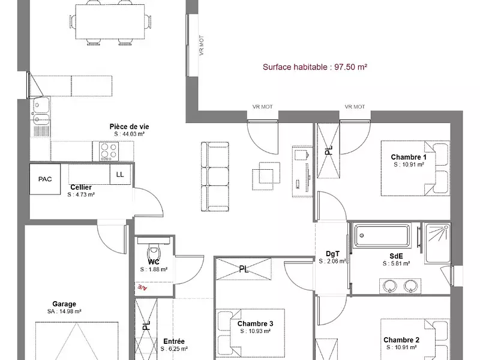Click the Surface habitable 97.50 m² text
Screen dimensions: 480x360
(314, 67)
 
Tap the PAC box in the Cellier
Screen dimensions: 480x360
(45, 179)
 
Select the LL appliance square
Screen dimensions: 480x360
(120, 175)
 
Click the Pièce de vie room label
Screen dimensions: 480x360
(129, 127)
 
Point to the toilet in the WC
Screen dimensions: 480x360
(154, 251)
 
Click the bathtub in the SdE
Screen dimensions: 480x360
(382, 235)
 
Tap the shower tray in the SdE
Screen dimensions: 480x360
(437, 244)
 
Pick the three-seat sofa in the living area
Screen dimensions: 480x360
(215, 176)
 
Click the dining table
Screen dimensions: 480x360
(110, 22)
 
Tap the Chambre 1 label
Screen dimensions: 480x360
(409, 157)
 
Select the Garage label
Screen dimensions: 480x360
(64, 304)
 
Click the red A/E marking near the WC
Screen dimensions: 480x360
(142, 287)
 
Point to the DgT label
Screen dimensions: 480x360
(332, 254)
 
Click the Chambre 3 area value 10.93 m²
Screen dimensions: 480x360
(256, 331)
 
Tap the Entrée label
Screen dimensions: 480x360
(174, 341)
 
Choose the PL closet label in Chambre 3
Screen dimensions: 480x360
(244, 269)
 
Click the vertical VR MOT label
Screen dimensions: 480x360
(202, 46)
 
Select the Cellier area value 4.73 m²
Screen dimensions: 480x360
(81, 194)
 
